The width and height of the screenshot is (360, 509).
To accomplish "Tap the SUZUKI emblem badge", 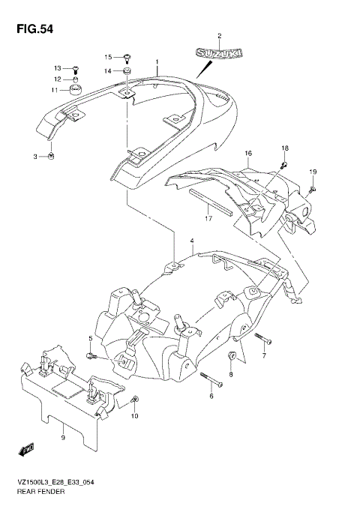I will coord(219,54).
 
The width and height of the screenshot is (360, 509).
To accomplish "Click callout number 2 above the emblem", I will coord(220,36).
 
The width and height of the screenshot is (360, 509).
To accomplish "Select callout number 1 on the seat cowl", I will coord(157,61).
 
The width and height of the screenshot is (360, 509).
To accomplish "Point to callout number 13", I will coord(57,67).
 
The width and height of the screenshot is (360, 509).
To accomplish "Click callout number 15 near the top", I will coord(107,57).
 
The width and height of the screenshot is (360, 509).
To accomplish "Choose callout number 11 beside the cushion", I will coord(55,91).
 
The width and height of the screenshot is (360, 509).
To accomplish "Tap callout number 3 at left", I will coord(34,156).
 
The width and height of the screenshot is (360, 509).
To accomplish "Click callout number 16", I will coord(247,153).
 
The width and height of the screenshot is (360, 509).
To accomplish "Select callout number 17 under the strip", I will coord(209,218).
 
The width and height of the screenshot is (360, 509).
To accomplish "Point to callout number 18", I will coord(285,148).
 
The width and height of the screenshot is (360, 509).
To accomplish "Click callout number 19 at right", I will coord(313,172).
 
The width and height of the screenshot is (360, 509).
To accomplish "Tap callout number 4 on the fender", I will coord(192,241).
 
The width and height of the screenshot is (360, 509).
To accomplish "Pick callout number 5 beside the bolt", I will coord(89,339).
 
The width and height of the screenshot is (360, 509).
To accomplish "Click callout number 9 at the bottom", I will coord(63,437).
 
